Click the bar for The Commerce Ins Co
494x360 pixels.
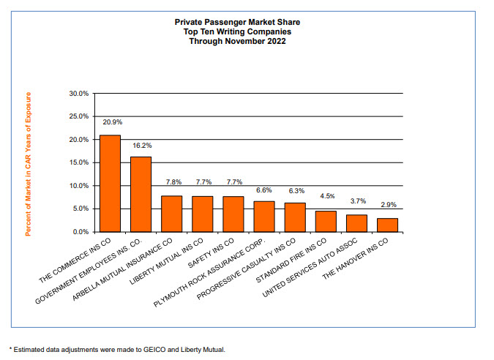[110, 184]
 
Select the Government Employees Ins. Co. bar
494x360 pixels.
[141, 195]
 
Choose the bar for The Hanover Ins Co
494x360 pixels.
[387, 225]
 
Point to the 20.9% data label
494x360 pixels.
[111, 121]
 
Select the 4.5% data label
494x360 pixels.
[326, 196]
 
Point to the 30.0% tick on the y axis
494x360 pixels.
[78, 94]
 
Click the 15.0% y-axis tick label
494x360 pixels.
[78, 162]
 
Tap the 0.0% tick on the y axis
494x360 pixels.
[79, 232]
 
